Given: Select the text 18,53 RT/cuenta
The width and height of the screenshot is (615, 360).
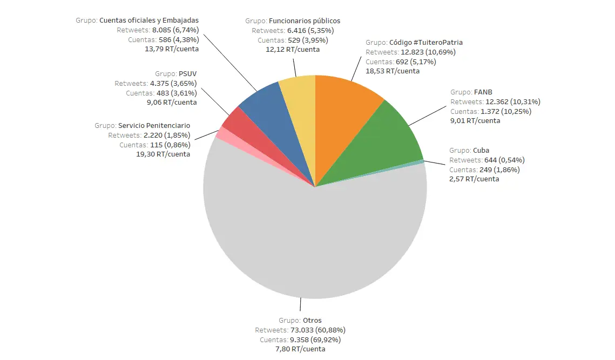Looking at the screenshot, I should coord(393,71).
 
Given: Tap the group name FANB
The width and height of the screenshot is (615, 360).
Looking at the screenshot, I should coord(483,92).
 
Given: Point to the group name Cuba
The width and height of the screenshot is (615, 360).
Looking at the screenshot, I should coord(481,150).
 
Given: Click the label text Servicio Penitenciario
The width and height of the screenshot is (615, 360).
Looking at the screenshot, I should coord(154,125).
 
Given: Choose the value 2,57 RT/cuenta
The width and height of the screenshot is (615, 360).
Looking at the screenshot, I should coord(474,179).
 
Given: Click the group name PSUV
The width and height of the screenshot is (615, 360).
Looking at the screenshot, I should coord(187,73).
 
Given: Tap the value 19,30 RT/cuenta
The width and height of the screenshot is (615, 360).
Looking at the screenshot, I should coord(163,154).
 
